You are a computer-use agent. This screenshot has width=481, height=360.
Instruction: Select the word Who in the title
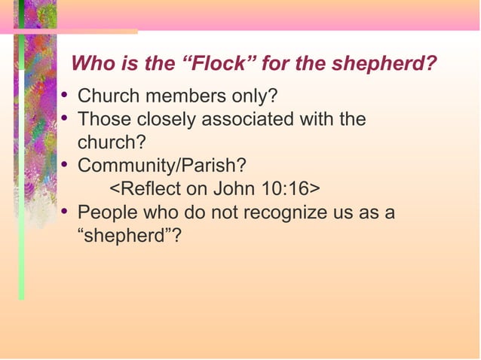tap(89, 63)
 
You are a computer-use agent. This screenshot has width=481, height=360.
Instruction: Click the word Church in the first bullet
tap(106, 96)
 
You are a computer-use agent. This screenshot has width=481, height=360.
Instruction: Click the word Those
tap(102, 119)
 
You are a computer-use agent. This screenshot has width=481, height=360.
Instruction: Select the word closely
tap(159, 119)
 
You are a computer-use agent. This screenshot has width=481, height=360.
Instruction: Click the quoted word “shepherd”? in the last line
tap(129, 235)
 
